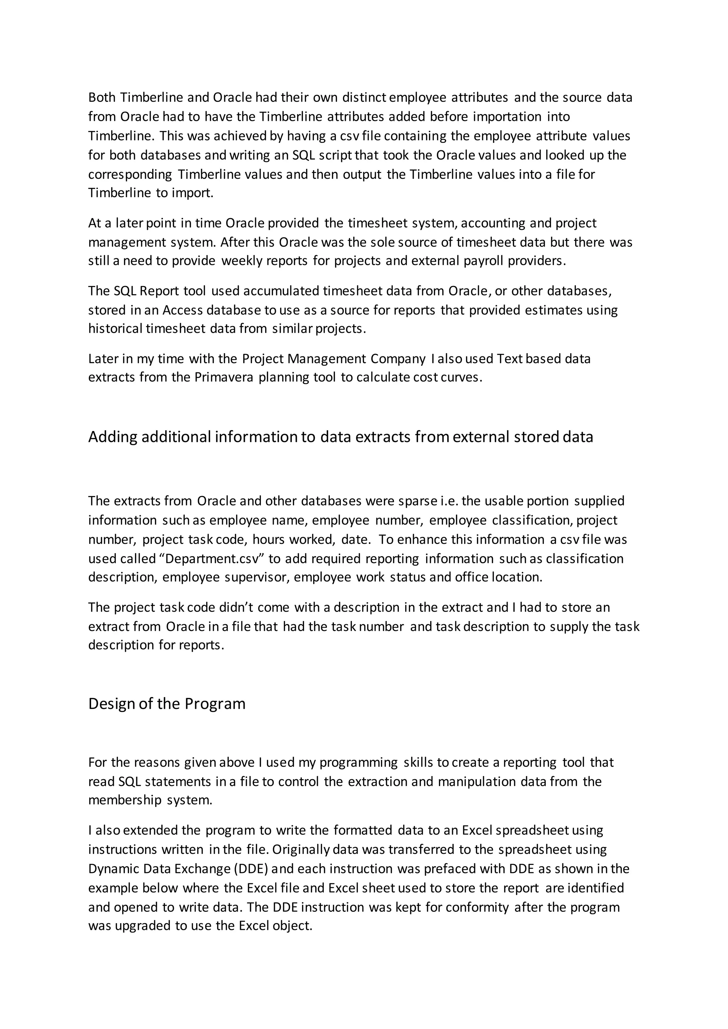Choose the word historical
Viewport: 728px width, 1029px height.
(115, 329)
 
